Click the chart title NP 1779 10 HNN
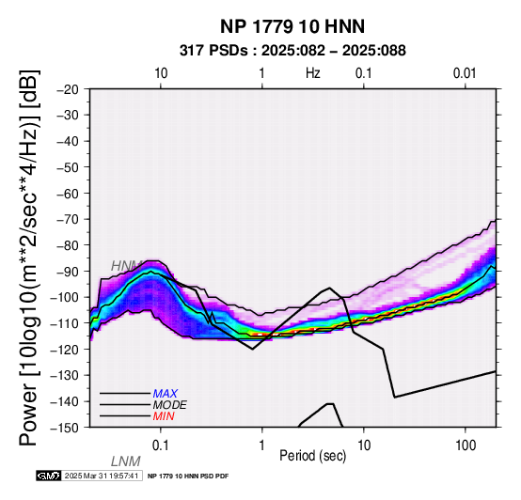coord(292,26)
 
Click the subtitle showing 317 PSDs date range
coord(292,51)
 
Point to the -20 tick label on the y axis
coord(68,89)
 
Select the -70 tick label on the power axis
coord(68,220)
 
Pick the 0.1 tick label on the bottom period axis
coord(161,445)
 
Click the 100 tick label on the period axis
coord(466,445)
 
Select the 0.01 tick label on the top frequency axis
coord(465,73)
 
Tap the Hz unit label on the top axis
coord(312,73)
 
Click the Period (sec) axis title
coord(312,456)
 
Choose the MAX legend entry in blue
coord(165,394)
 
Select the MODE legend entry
coord(169,405)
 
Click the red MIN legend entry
coord(164,416)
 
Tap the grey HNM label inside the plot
coord(126,266)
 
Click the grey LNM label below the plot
coord(126,461)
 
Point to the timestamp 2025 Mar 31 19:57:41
coord(102,476)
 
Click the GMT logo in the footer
coord(49,476)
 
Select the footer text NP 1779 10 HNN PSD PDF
coord(188,477)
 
